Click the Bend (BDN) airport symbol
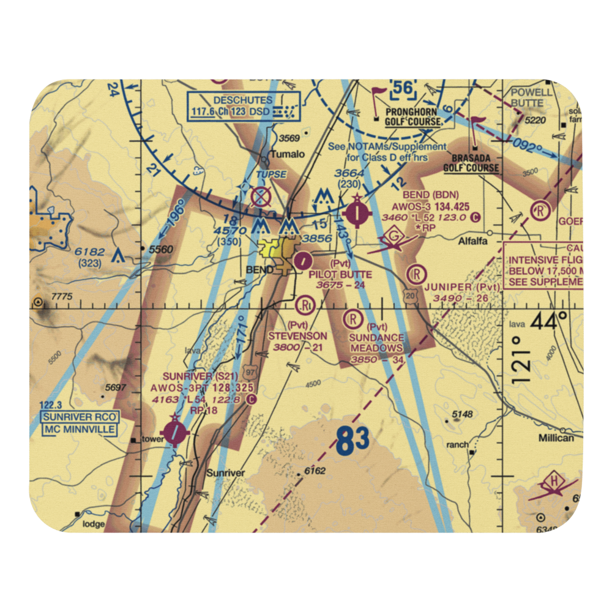(357, 214)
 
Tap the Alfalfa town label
(473, 241)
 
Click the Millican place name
(556, 438)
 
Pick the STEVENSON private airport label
(298, 336)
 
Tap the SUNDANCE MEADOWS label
(377, 343)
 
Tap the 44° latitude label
(547, 321)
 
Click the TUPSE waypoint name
(271, 174)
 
